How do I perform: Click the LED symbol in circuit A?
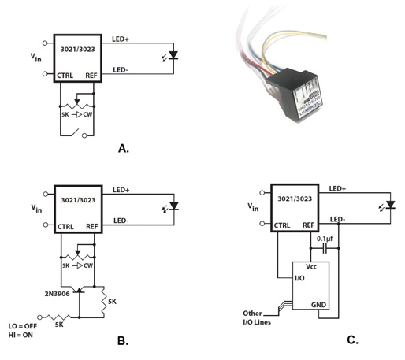pos(175,56)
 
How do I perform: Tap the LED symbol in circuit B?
pos(175,208)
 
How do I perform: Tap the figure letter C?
pos(352,342)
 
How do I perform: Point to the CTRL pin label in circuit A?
pos(66,76)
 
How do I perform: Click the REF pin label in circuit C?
pos(310,225)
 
